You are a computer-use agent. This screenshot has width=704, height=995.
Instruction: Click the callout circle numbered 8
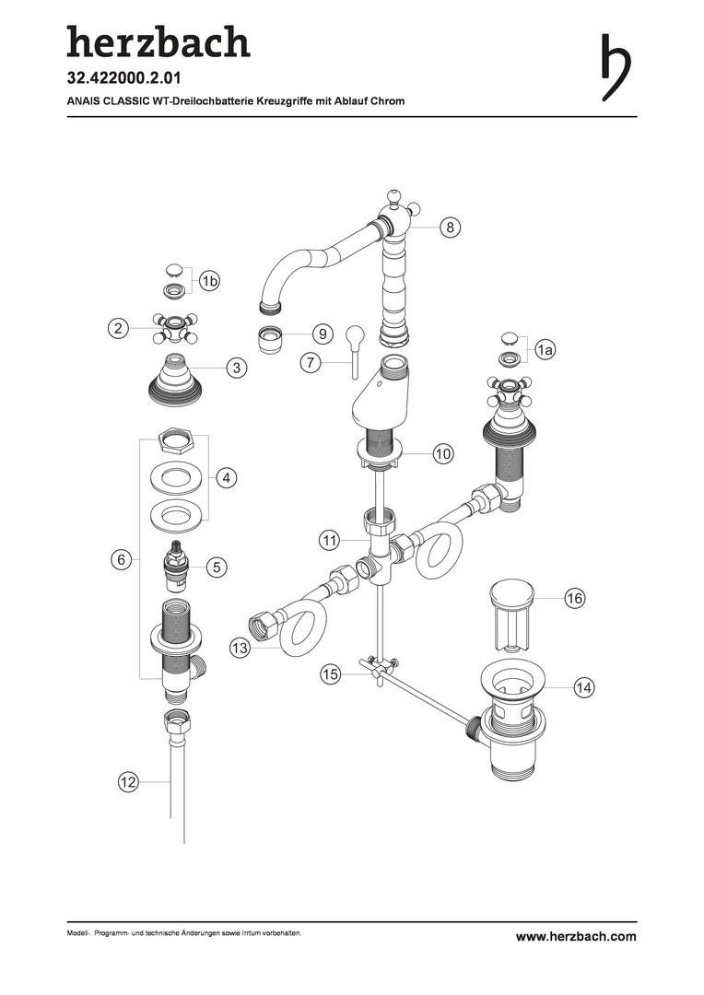click(x=450, y=228)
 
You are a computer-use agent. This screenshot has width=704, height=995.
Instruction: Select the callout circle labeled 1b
click(x=209, y=280)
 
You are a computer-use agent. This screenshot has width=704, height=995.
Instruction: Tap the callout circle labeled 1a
click(x=545, y=349)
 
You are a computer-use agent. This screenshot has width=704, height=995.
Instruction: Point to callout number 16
click(x=574, y=598)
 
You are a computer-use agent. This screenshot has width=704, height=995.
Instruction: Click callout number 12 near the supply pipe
click(x=128, y=782)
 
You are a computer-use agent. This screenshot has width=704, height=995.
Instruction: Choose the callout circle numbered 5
click(x=217, y=567)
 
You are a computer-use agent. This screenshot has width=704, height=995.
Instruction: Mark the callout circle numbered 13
click(x=241, y=648)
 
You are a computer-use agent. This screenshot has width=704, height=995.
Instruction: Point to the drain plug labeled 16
click(x=511, y=615)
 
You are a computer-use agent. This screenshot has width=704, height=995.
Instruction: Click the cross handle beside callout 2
click(x=174, y=327)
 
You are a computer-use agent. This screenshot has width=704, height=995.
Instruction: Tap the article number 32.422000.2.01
click(x=124, y=78)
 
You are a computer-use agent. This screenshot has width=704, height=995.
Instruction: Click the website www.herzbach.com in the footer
click(x=576, y=936)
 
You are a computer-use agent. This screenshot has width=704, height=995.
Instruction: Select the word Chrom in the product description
click(x=389, y=101)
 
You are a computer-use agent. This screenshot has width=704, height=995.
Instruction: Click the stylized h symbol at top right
click(x=616, y=66)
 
